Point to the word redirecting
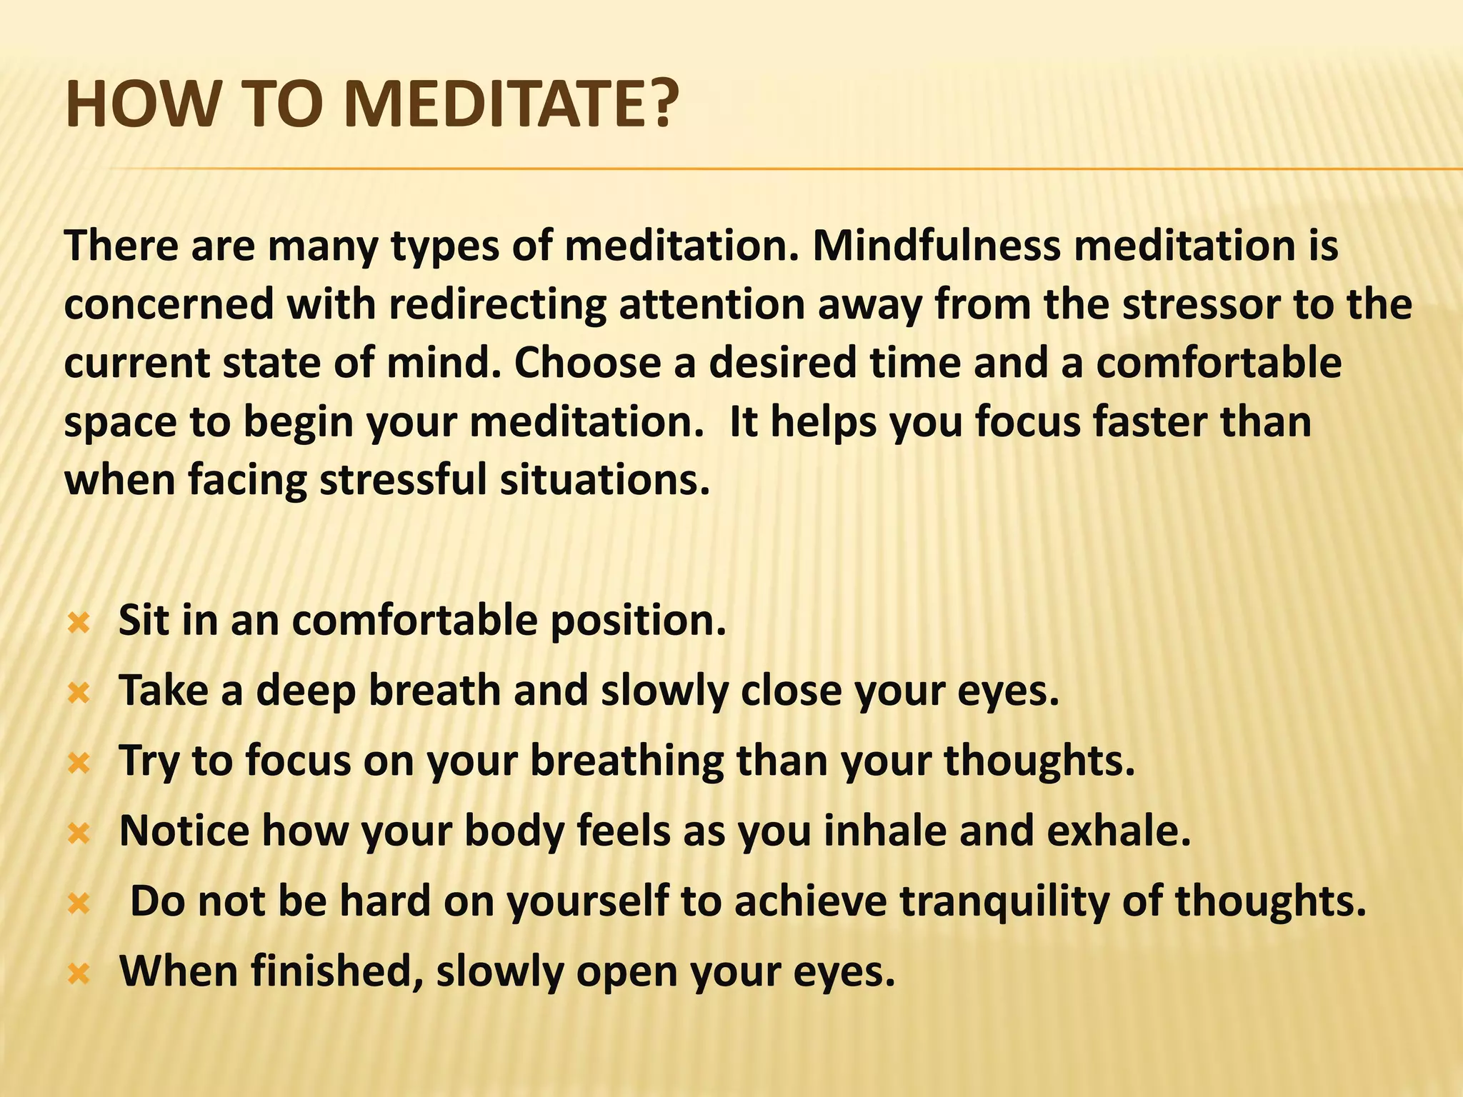tap(498, 305)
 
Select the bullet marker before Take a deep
tap(78, 693)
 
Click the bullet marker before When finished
tap(78, 974)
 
